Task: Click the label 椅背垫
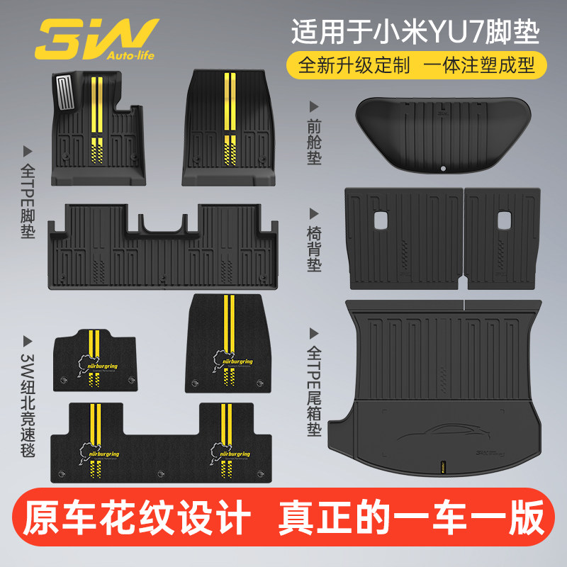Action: pyautogui.click(x=315, y=240)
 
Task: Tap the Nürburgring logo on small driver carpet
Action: pyautogui.click(x=95, y=358)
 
